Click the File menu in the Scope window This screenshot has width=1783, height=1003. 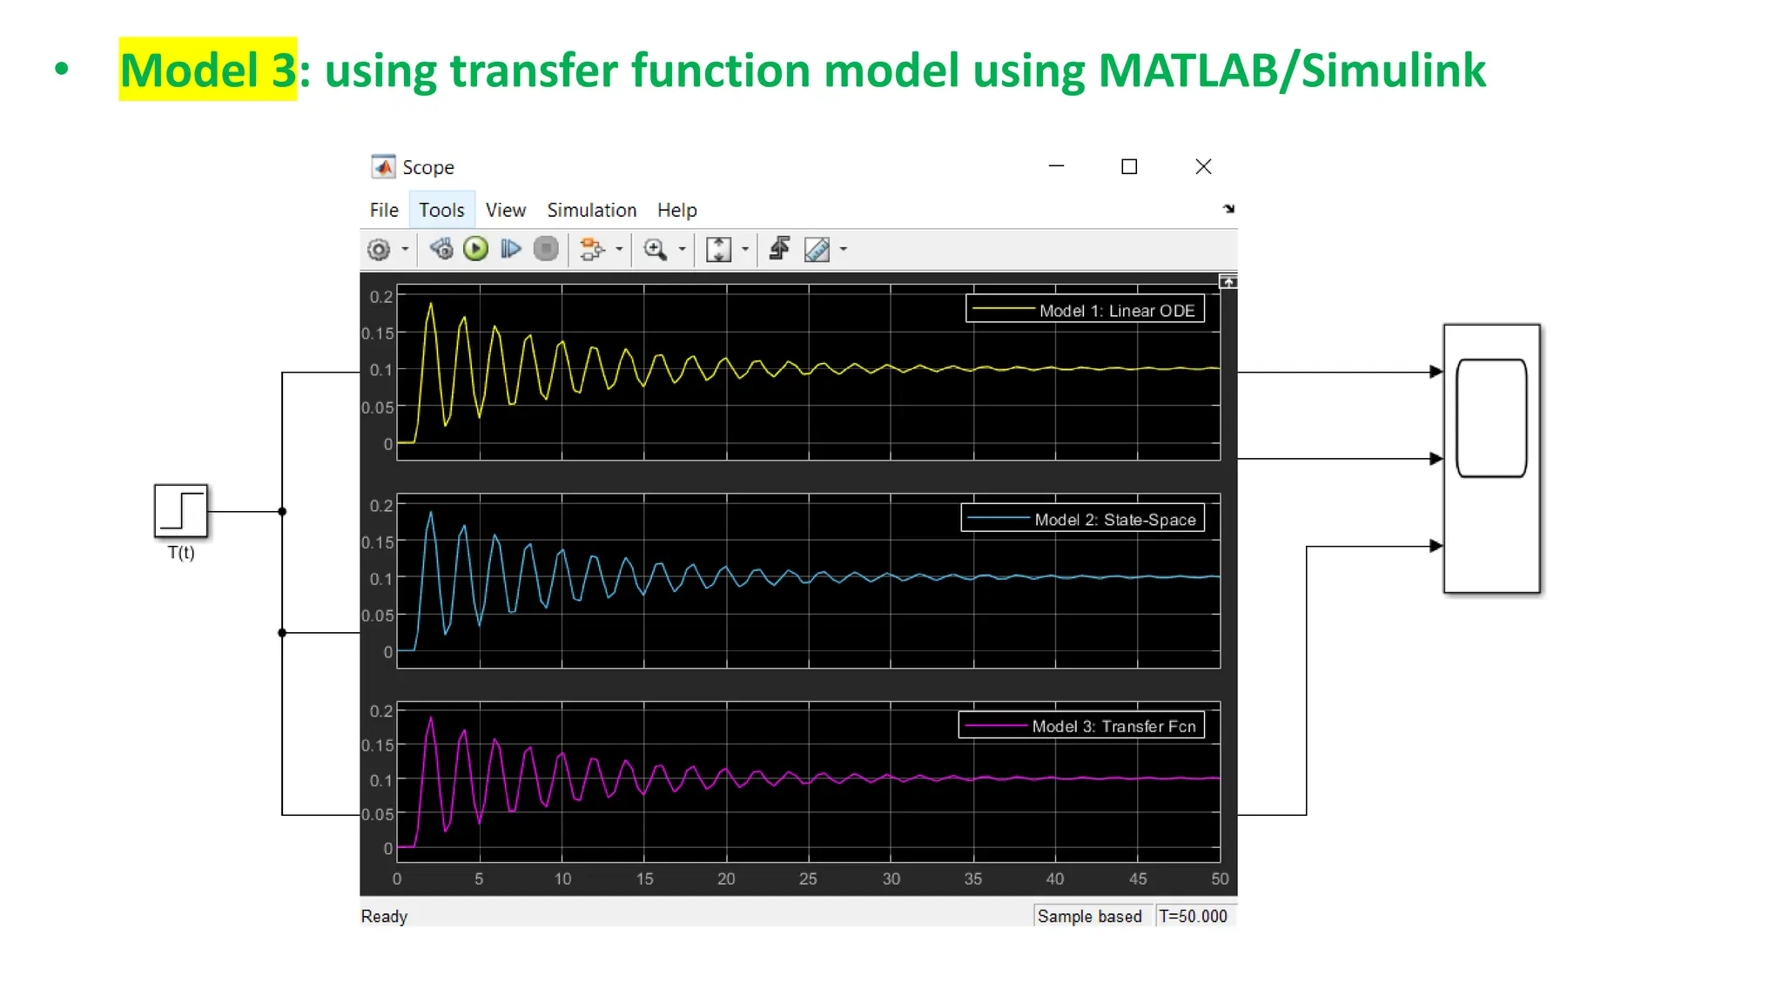(383, 210)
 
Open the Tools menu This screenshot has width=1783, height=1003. (441, 210)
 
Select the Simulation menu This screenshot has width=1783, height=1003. (591, 210)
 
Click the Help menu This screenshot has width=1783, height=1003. (676, 210)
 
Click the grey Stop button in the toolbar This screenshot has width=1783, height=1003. (546, 250)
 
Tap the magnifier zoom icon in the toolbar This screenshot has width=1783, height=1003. (655, 250)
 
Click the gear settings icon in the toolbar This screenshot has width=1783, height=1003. (379, 250)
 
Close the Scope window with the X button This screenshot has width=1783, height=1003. (1203, 166)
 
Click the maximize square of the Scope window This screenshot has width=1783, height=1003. (1129, 166)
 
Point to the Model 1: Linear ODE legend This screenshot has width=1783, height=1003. (1085, 310)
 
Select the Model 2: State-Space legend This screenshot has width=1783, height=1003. (1082, 519)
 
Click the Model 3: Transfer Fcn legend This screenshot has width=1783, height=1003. (1081, 726)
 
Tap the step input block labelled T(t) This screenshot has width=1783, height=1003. (181, 511)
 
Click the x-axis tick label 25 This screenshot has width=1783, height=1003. (808, 879)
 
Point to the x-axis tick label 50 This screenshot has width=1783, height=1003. (1220, 879)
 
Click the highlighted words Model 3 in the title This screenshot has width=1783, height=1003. (208, 70)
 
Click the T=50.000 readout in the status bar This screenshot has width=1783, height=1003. (1193, 916)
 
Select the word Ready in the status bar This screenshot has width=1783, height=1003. (384, 916)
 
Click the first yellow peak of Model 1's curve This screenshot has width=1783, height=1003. (430, 304)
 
